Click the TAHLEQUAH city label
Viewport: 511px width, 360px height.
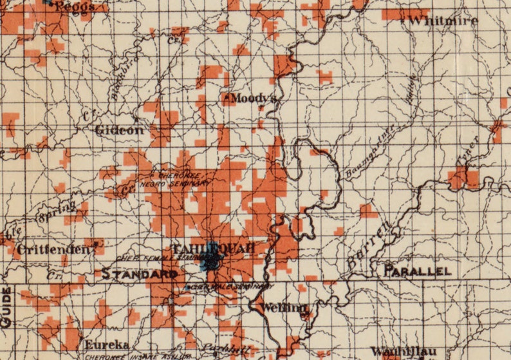[209, 248]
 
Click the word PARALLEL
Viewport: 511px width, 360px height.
[417, 271]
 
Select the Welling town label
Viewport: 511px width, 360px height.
[285, 307]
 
